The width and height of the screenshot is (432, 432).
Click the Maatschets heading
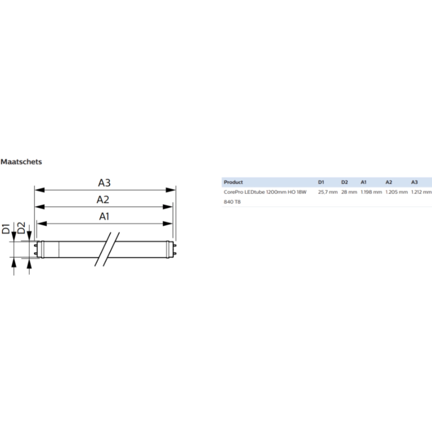pyautogui.click(x=21, y=162)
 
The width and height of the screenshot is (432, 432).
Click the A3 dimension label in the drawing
pyautogui.click(x=104, y=183)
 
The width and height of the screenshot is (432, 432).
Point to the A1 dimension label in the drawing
pyautogui.click(x=104, y=216)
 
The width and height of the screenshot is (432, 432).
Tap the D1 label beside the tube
pyautogui.click(x=6, y=229)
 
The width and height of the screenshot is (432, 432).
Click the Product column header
pyautogui.click(x=233, y=182)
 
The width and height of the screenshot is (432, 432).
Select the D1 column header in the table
pyautogui.click(x=321, y=182)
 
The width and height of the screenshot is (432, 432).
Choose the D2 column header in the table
pyautogui.click(x=344, y=182)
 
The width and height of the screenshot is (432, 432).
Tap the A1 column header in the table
pyautogui.click(x=364, y=182)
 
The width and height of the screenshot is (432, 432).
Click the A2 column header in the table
pyautogui.click(x=389, y=182)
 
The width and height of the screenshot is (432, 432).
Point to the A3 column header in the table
pyautogui.click(x=414, y=182)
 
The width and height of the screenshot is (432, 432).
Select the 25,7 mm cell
pyautogui.click(x=327, y=192)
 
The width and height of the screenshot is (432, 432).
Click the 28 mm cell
pyautogui.click(x=349, y=192)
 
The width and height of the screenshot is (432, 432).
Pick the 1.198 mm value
pyautogui.click(x=371, y=192)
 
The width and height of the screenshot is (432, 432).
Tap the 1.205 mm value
pyautogui.click(x=397, y=192)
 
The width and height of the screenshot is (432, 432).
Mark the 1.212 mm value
pyautogui.click(x=421, y=192)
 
